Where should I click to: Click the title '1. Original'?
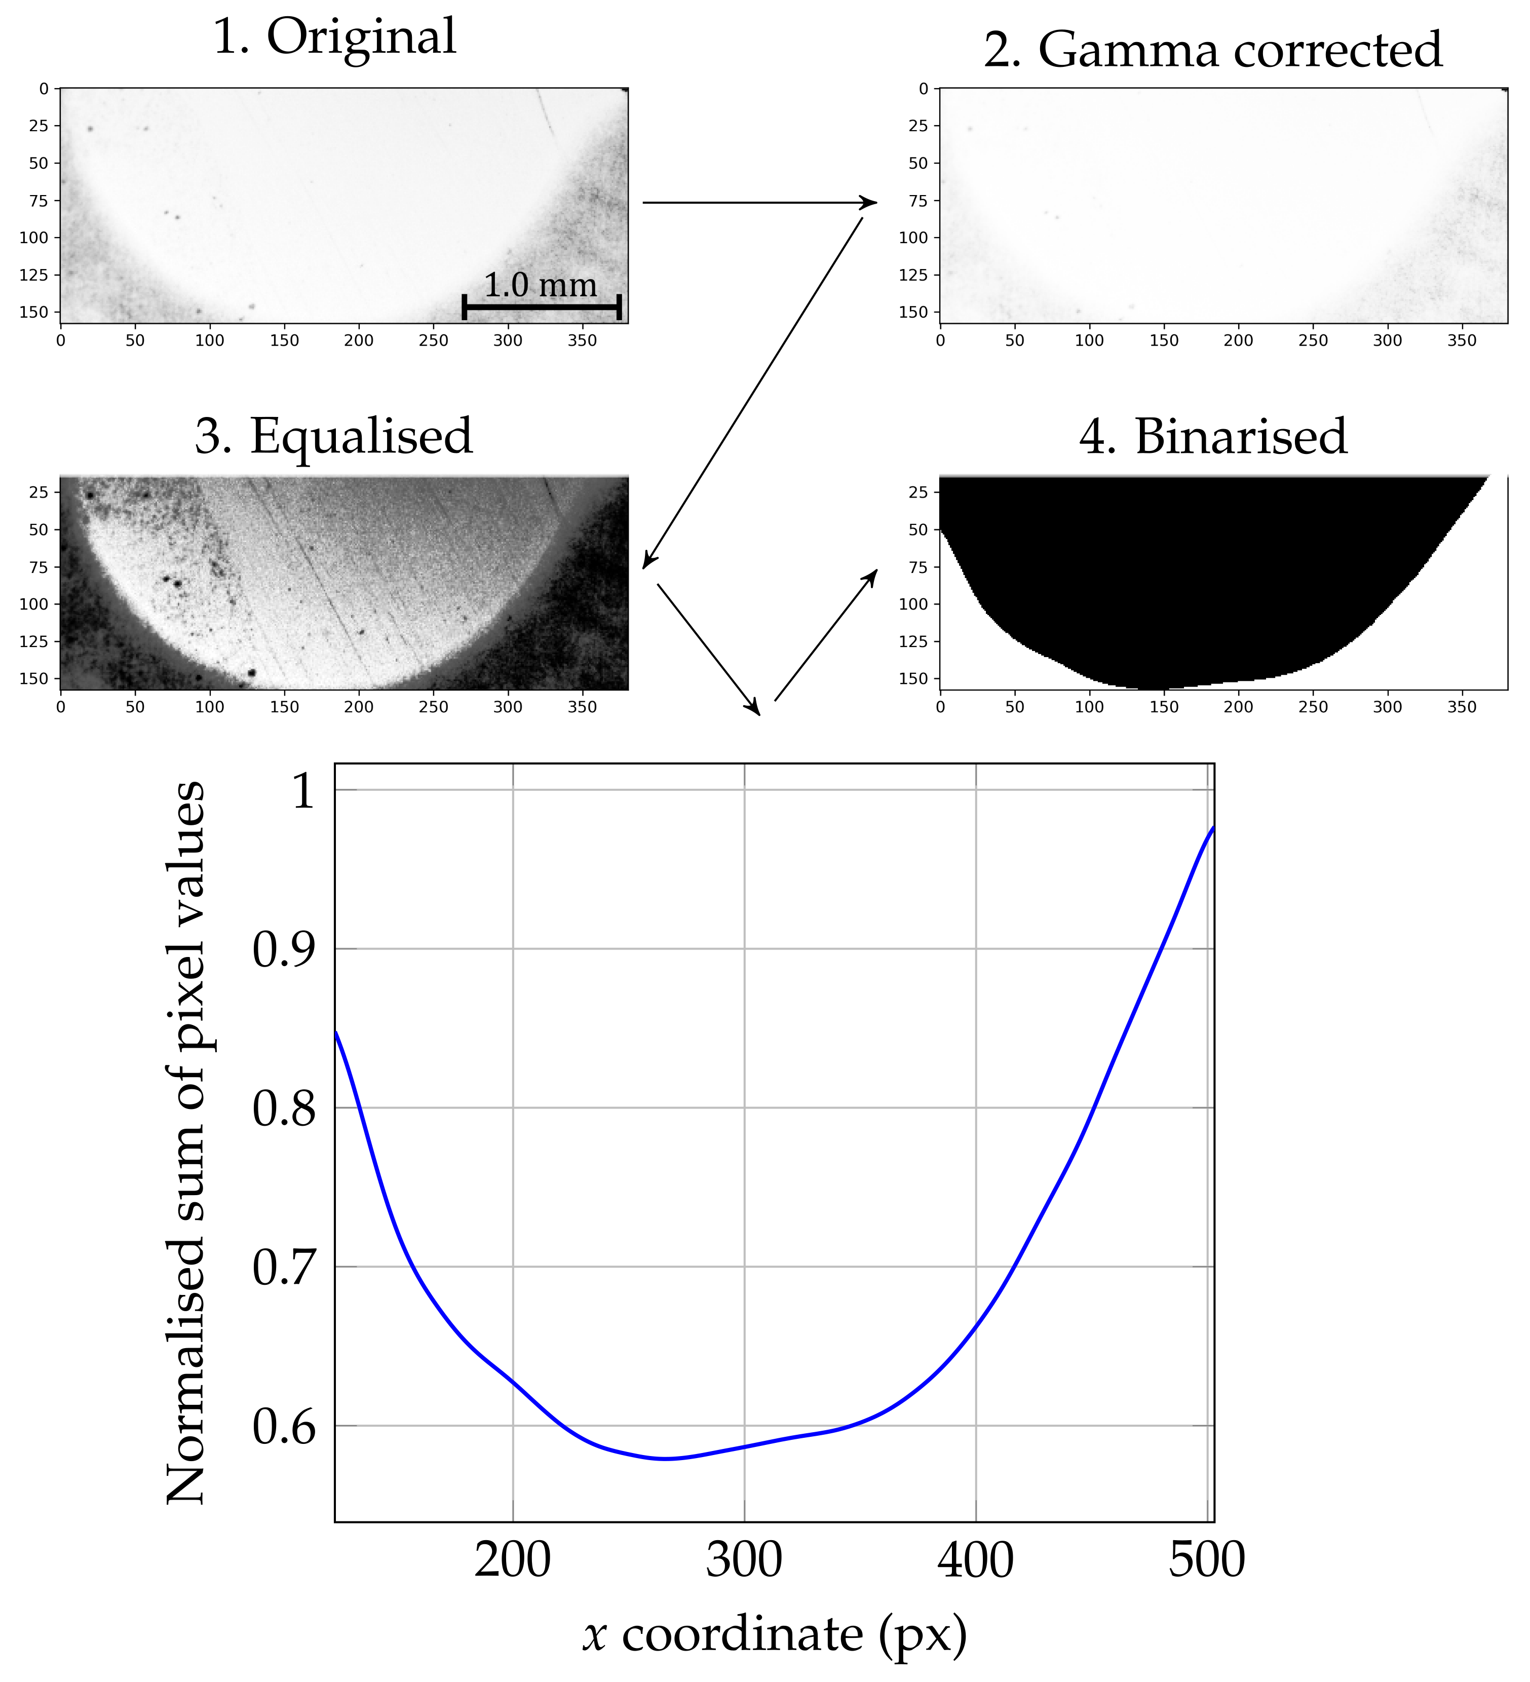pos(334,37)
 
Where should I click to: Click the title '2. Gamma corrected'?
pos(1212,50)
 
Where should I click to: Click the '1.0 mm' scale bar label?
pos(541,285)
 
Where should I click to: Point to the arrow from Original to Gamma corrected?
pos(759,202)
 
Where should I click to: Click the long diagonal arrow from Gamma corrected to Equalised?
pos(752,392)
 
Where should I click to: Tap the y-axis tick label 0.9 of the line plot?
pos(284,949)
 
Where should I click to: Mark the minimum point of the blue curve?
pos(665,1459)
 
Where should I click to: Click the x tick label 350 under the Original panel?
pos(582,340)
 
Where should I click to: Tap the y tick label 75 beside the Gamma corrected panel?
pos(917,200)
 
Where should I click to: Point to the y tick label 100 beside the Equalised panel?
pos(33,603)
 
